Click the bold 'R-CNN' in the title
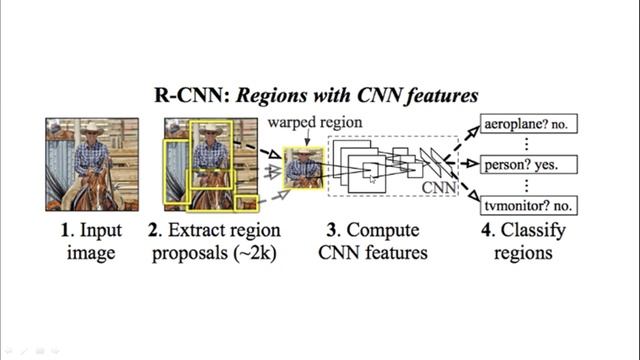point(186,96)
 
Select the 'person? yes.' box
point(530,163)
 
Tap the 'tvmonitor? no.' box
point(530,206)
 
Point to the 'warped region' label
point(315,122)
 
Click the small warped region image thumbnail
point(303,168)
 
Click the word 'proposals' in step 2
point(191,253)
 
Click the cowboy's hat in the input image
point(93,129)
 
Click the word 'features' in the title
point(442,96)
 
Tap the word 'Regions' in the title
point(271,96)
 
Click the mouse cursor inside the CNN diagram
point(372,177)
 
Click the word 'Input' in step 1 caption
point(100,231)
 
